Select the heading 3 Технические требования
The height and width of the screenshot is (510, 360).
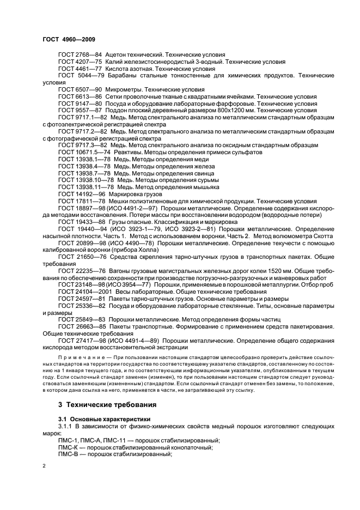pos(107,405)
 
